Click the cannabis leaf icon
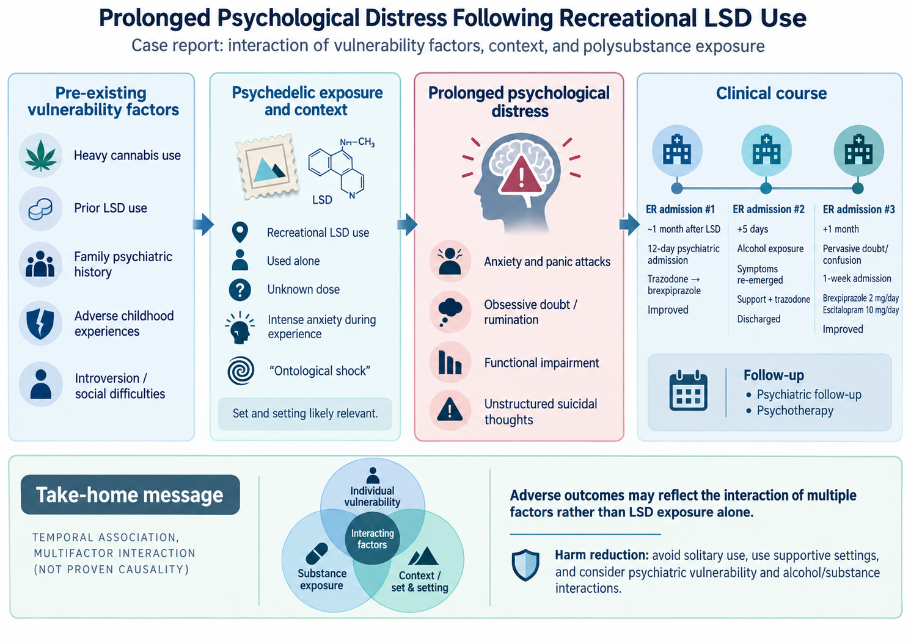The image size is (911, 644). [41, 156]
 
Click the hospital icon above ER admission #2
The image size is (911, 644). [766, 150]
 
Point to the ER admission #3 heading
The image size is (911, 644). [858, 209]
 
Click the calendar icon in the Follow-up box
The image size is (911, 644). [688, 390]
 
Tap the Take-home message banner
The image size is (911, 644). [131, 494]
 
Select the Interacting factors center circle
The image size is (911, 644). [373, 538]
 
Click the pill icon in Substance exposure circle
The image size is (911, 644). [316, 554]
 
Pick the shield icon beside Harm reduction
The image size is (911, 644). [525, 565]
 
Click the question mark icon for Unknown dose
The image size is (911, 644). [240, 290]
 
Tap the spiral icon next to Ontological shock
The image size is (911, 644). [241, 371]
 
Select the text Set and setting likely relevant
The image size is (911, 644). [305, 414]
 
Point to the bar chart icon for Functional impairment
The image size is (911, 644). [450, 363]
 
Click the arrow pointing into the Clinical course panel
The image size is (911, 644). [629, 224]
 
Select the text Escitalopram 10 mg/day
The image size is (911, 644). [860, 310]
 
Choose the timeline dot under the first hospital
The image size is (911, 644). [677, 188]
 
